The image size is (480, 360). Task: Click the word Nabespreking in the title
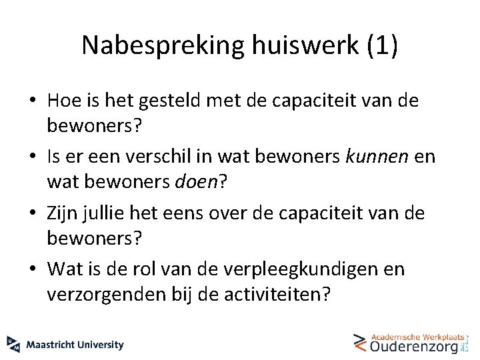pos(163,45)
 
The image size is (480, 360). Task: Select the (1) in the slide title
pos(383,45)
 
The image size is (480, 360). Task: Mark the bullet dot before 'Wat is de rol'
pos(33,270)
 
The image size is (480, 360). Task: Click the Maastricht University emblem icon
pos(13,343)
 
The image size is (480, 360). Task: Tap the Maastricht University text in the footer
pos(75,345)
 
